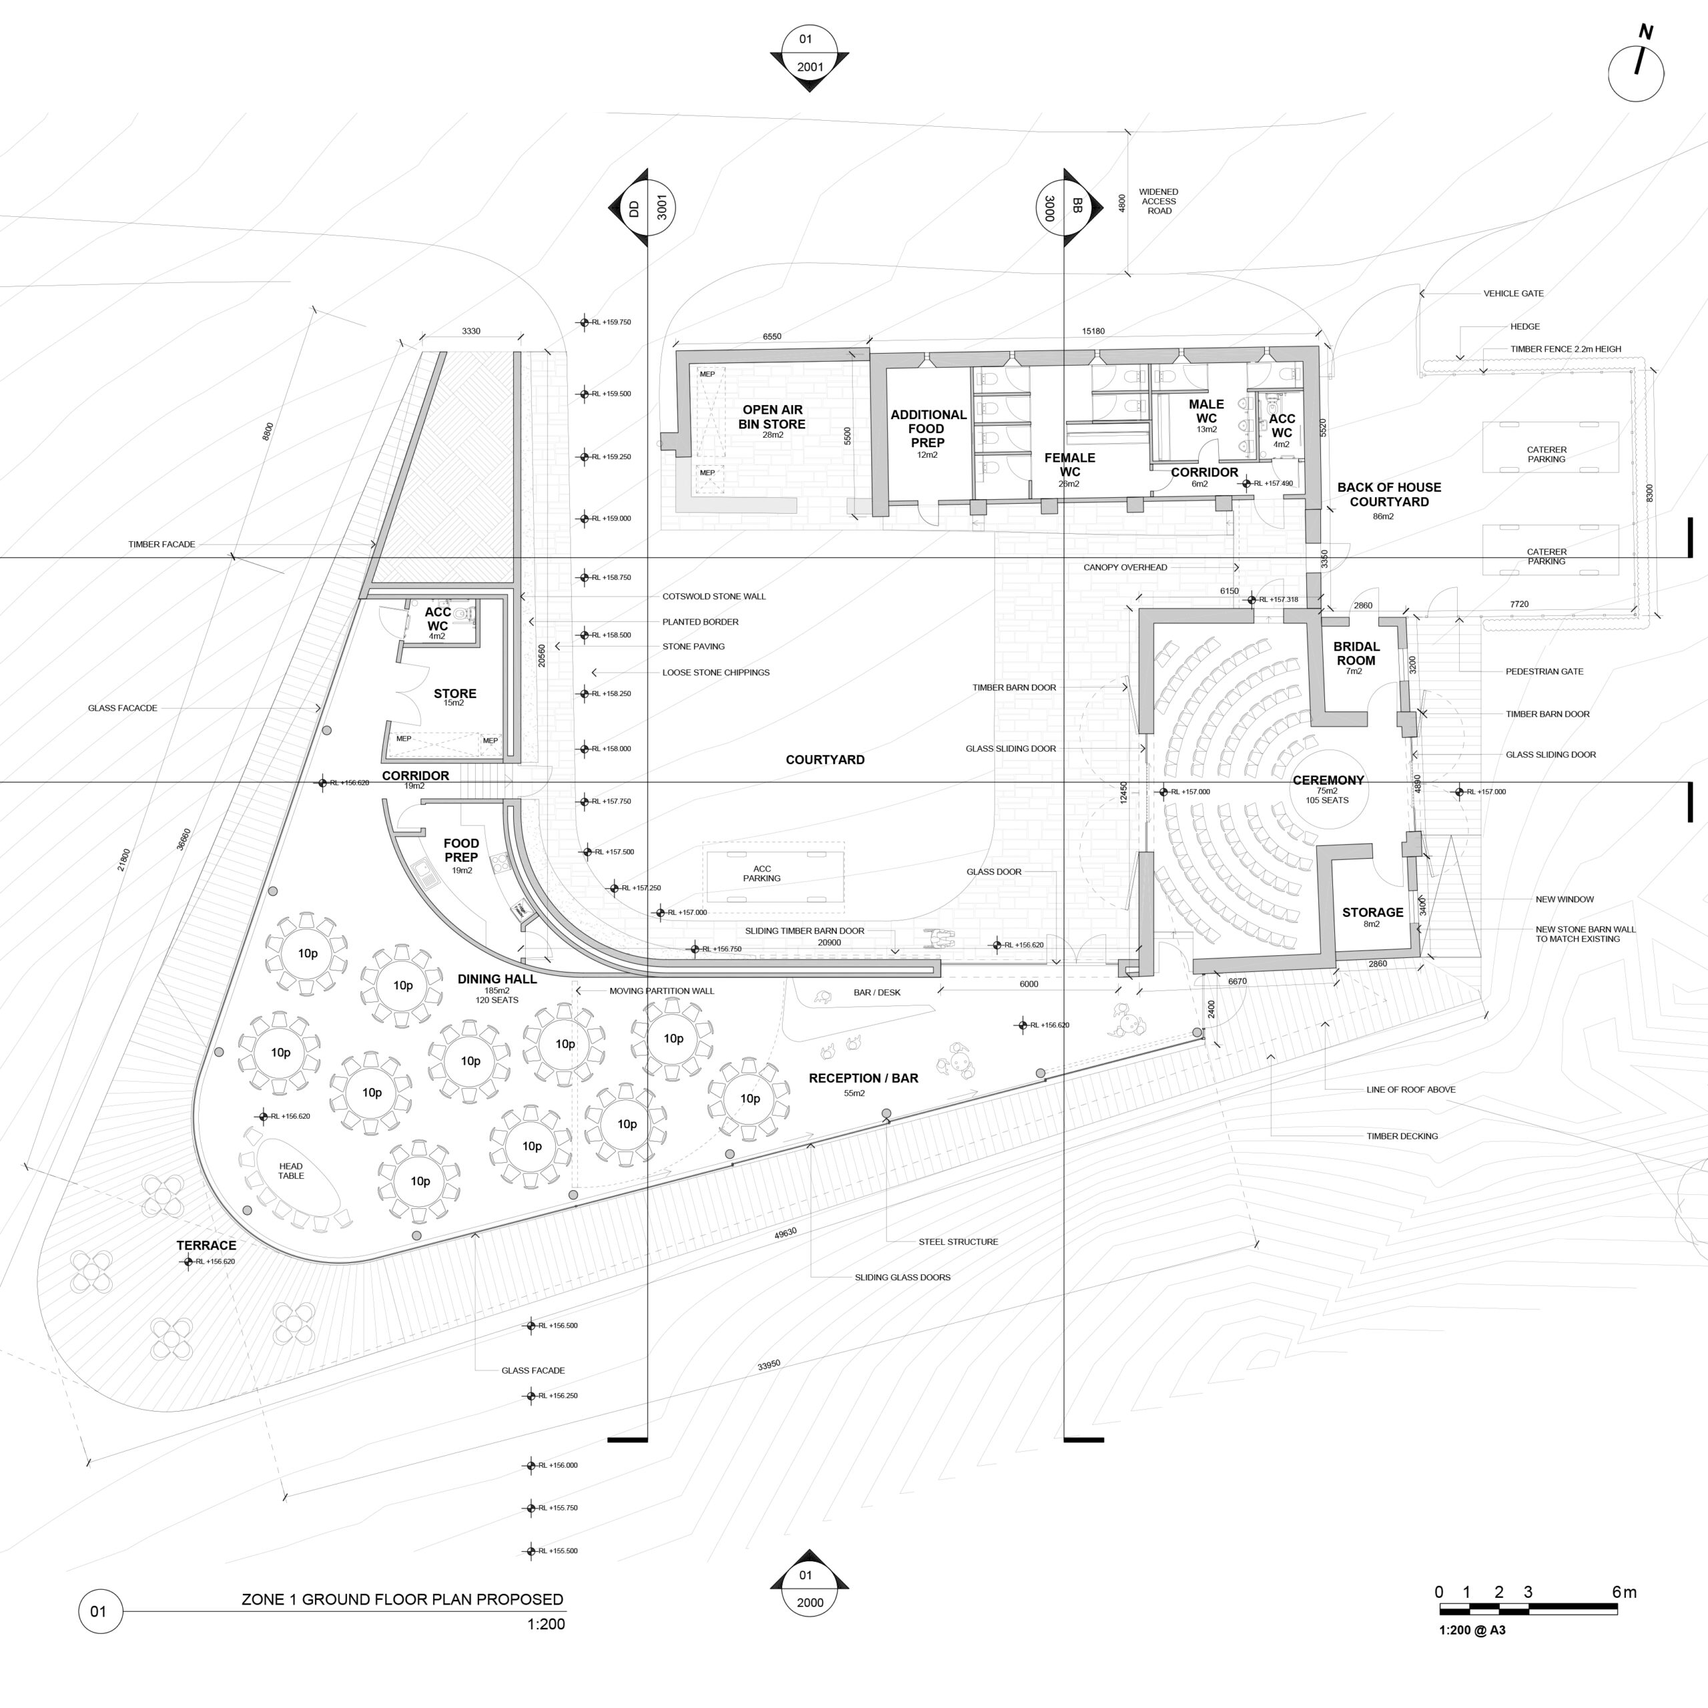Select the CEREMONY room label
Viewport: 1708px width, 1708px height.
[1328, 781]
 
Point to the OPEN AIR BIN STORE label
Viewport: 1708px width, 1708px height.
[772, 416]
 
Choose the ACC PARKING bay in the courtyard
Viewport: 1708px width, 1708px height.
[762, 873]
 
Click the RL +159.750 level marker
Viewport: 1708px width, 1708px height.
[584, 323]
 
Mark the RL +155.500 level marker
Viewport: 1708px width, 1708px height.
[531, 1551]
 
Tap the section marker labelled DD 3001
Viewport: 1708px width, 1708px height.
[647, 207]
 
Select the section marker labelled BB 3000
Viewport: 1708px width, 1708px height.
[1063, 207]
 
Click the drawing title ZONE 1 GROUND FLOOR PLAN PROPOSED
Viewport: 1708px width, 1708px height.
[402, 1599]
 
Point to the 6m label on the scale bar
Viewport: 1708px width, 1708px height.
[1624, 1592]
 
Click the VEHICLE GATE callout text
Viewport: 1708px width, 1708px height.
[1513, 294]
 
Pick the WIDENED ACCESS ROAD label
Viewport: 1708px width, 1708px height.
[1158, 201]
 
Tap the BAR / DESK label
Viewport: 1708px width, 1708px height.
[877, 993]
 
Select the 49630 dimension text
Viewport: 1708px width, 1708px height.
[785, 1232]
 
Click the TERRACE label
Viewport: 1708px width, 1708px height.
[206, 1246]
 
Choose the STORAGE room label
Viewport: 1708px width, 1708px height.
[1372, 912]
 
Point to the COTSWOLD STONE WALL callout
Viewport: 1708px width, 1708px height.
[713, 596]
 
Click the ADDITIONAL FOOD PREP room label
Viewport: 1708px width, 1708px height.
[927, 429]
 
